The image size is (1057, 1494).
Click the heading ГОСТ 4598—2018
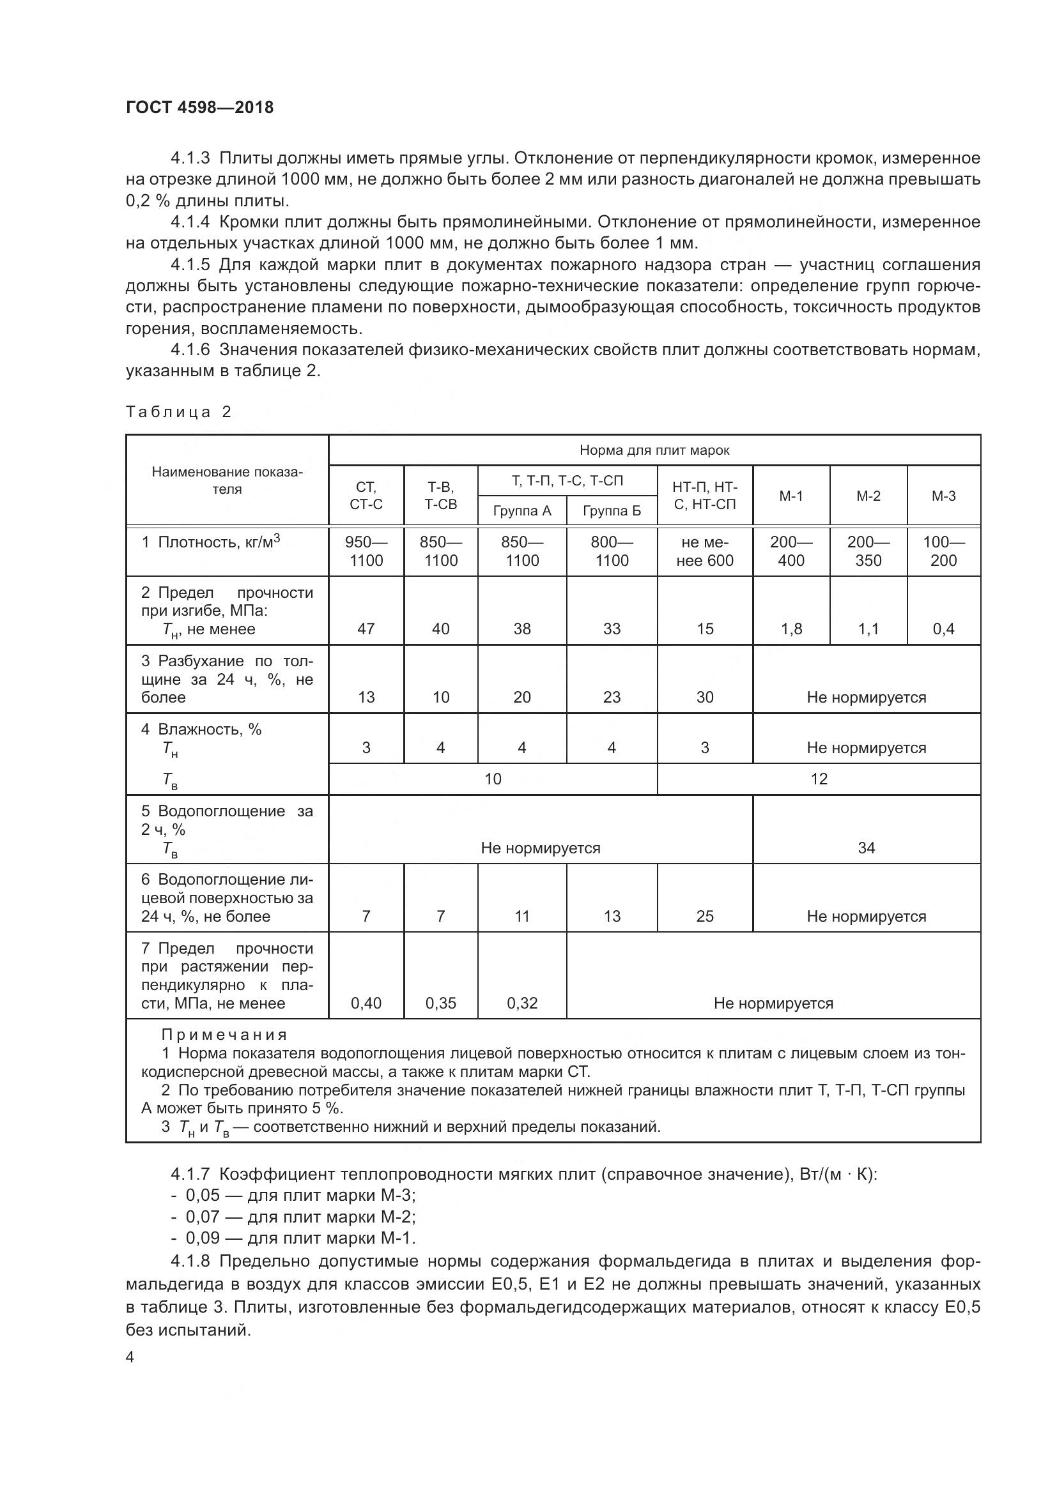[199, 107]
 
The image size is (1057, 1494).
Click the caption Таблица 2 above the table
[178, 412]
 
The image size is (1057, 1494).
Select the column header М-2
[868, 496]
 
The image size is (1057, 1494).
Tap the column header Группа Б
[611, 511]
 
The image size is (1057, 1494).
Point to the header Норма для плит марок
[654, 450]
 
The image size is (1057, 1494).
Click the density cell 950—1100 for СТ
[366, 551]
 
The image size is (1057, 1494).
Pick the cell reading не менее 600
[704, 551]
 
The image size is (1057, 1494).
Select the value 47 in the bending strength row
[366, 629]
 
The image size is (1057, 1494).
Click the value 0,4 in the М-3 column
[943, 629]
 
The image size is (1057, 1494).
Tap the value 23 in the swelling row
[611, 697]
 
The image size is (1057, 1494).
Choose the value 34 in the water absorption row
[866, 847]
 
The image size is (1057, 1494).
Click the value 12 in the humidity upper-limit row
[818, 779]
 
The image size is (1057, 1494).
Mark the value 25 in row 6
[704, 916]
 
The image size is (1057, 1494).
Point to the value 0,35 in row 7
[441, 1003]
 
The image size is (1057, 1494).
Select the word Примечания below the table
[224, 1035]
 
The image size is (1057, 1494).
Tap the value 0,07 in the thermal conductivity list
[203, 1217]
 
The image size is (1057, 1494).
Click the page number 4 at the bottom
[130, 1357]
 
